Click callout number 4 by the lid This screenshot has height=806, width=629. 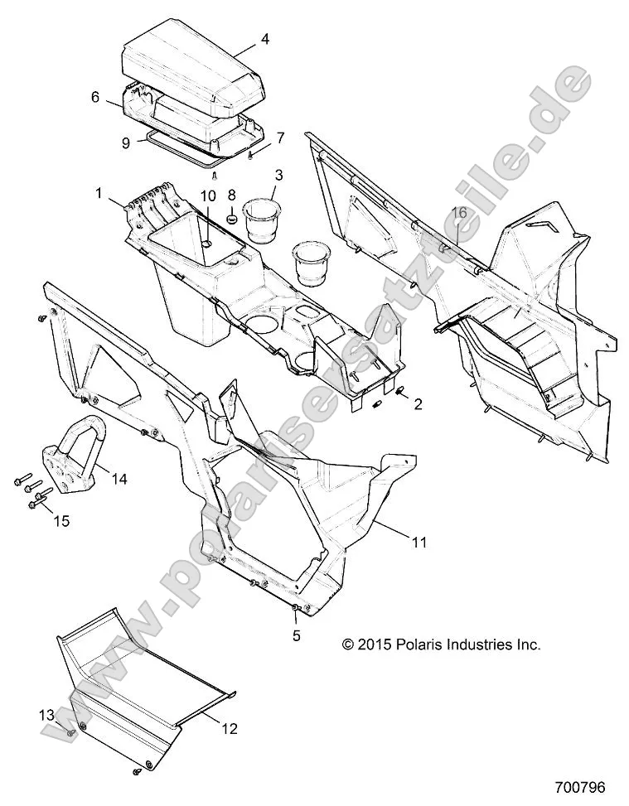[x=264, y=38]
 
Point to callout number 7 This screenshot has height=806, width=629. [x=280, y=137]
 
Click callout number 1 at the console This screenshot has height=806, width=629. [x=99, y=193]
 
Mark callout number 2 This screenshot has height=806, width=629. [x=418, y=404]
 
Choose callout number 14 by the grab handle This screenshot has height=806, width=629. [x=119, y=478]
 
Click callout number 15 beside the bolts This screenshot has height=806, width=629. [x=62, y=521]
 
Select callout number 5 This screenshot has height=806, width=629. [x=295, y=637]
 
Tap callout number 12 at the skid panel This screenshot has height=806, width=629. [x=229, y=729]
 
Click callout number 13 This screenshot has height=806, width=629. [x=46, y=713]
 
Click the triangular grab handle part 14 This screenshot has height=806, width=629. [x=79, y=447]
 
